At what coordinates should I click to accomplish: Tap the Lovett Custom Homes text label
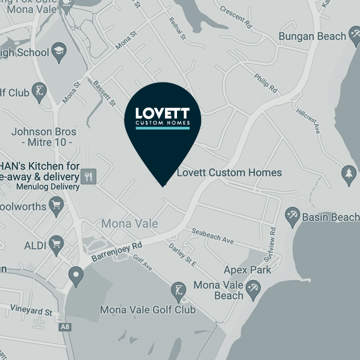[229, 173]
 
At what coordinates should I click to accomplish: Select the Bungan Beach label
[312, 36]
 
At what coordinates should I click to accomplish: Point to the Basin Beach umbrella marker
[292, 217]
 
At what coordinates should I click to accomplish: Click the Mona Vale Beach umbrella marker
[253, 289]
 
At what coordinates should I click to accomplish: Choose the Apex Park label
[247, 270]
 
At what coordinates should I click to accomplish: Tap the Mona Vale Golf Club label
[148, 310]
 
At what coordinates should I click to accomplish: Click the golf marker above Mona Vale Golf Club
[178, 290]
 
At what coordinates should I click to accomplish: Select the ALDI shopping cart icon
[57, 245]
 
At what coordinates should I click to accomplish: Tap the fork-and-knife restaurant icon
[89, 176]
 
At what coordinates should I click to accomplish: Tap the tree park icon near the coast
[349, 173]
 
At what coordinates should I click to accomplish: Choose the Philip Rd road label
[265, 81]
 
